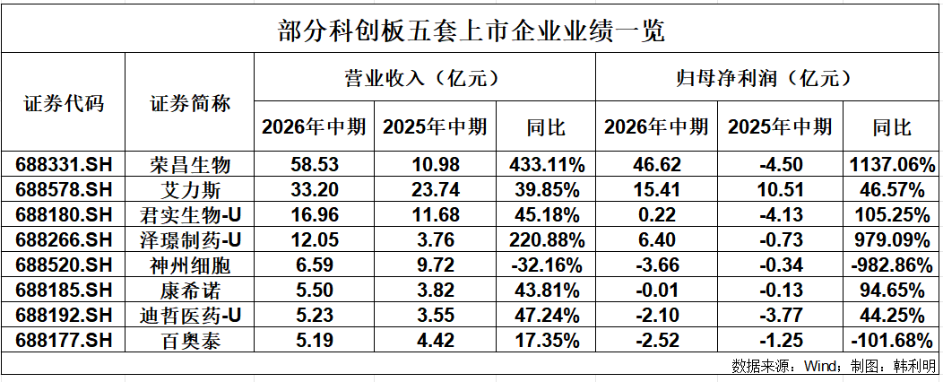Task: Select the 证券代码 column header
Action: pyautogui.click(x=64, y=103)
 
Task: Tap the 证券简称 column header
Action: pyautogui.click(x=190, y=103)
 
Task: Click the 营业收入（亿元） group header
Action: pyautogui.click(x=425, y=78)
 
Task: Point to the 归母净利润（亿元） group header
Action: pyautogui.click(x=768, y=78)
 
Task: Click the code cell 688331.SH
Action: pyautogui.click(x=64, y=164)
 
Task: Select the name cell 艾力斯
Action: pyautogui.click(x=190, y=190)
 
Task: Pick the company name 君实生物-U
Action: pyautogui.click(x=190, y=214)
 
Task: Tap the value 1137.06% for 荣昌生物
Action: pyautogui.click(x=893, y=164)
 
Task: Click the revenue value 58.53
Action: pyautogui.click(x=314, y=164)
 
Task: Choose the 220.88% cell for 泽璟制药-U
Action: pyautogui.click(x=546, y=240)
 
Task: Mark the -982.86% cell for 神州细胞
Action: pyautogui.click(x=893, y=265)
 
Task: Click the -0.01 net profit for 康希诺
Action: pyautogui.click(x=657, y=291)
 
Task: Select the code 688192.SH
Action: pyautogui.click(x=64, y=316)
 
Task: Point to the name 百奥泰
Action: pyautogui.click(x=190, y=341)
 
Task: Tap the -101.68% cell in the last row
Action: pyautogui.click(x=893, y=341)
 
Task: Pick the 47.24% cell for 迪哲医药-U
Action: pyautogui.click(x=546, y=316)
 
